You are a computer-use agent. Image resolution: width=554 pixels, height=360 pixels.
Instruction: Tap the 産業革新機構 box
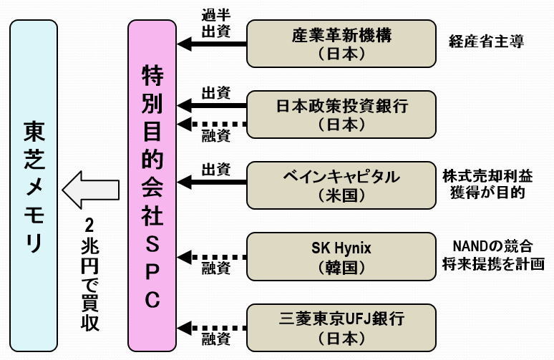pyautogui.click(x=341, y=43)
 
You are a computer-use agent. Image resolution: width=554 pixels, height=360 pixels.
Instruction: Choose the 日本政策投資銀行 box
pyautogui.click(x=341, y=113)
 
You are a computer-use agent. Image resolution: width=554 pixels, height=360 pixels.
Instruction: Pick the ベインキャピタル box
pyautogui.click(x=341, y=185)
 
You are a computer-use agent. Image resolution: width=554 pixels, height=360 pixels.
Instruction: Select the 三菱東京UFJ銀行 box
pyautogui.click(x=341, y=326)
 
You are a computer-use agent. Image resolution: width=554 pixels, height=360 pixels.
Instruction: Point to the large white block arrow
pyautogui.click(x=90, y=190)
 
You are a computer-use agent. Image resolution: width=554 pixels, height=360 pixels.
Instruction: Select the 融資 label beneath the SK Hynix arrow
pyautogui.click(x=215, y=270)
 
